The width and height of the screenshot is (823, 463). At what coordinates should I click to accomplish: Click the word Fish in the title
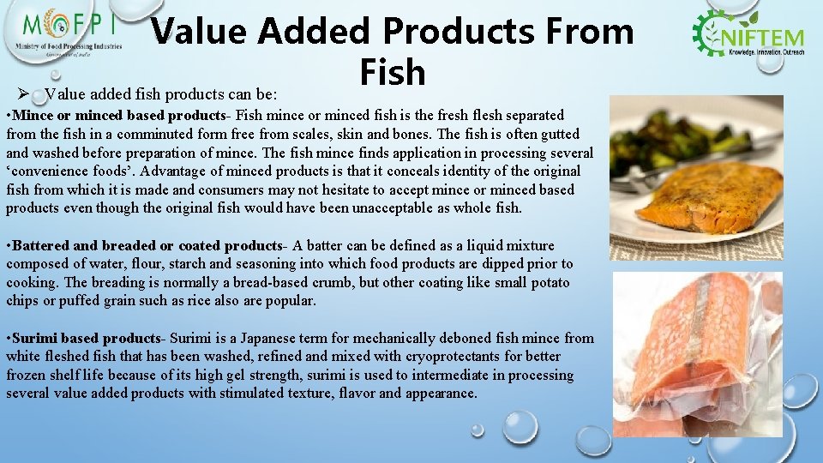[x=393, y=71]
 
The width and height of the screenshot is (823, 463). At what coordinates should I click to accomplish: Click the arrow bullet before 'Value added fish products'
[x=23, y=94]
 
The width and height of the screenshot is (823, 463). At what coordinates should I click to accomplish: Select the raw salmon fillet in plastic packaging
[x=699, y=343]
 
